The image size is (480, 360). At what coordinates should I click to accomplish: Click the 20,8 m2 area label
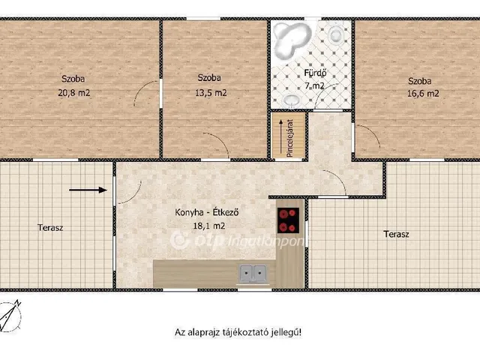(x=74, y=92)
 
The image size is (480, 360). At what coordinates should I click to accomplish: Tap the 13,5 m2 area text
(x=211, y=92)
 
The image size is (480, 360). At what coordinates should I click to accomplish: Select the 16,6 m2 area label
(x=423, y=93)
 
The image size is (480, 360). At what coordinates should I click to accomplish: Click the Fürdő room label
(x=315, y=73)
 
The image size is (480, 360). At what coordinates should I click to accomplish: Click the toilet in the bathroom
(x=336, y=33)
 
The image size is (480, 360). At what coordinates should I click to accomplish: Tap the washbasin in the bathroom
(x=292, y=100)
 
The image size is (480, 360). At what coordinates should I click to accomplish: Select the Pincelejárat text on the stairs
(x=290, y=138)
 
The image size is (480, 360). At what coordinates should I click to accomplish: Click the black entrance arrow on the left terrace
(x=88, y=190)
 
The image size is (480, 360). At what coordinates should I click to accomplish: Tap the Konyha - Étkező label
(x=207, y=212)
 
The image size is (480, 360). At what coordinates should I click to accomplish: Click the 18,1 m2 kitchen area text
(x=209, y=226)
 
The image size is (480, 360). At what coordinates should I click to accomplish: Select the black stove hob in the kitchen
(x=288, y=220)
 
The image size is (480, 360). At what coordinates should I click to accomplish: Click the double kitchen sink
(x=253, y=273)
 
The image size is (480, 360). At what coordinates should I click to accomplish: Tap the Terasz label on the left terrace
(x=50, y=227)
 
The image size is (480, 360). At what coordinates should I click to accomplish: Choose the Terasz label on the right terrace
(x=397, y=235)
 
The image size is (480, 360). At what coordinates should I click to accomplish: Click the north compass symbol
(x=10, y=316)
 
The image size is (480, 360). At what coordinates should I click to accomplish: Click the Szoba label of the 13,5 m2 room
(x=209, y=78)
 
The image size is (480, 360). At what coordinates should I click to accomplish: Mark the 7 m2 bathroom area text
(x=314, y=85)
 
